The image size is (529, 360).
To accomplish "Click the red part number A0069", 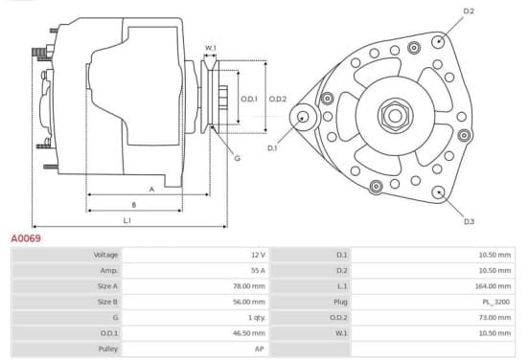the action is (x=26, y=238).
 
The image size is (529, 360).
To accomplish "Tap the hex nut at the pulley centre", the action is (x=395, y=116).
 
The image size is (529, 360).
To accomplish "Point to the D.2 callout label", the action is (x=469, y=11).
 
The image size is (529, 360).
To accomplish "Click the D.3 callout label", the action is (x=469, y=221).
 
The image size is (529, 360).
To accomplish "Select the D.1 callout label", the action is (x=272, y=148).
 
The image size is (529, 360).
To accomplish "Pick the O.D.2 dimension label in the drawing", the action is (x=278, y=99).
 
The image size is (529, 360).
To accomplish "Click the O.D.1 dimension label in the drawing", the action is (x=249, y=99).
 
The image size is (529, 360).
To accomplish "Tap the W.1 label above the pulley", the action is (x=211, y=48).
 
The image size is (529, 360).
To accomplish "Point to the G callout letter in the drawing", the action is (x=237, y=158).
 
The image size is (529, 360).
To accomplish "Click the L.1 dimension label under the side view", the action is (x=126, y=220).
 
